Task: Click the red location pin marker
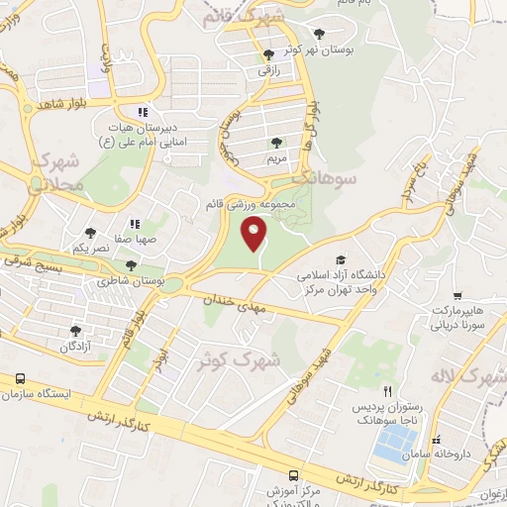tap(255, 236)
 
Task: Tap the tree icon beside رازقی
tap(268, 54)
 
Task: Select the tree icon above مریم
tap(276, 143)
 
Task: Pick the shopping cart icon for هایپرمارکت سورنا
tap(456, 296)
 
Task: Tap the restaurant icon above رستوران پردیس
tap(388, 392)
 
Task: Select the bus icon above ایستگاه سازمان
tap(20, 379)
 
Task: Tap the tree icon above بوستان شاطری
tap(132, 265)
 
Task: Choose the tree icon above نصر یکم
tap(90, 233)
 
